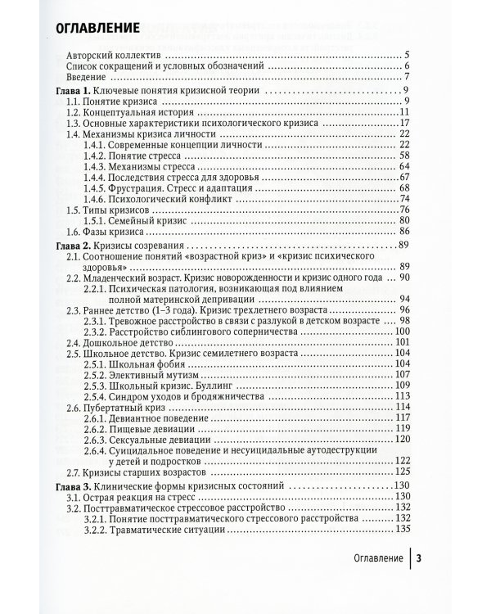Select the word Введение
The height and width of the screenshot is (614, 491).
[x=85, y=77]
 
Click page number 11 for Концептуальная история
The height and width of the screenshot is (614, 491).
[x=405, y=111]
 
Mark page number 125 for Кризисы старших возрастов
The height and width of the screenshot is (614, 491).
[x=402, y=472]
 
